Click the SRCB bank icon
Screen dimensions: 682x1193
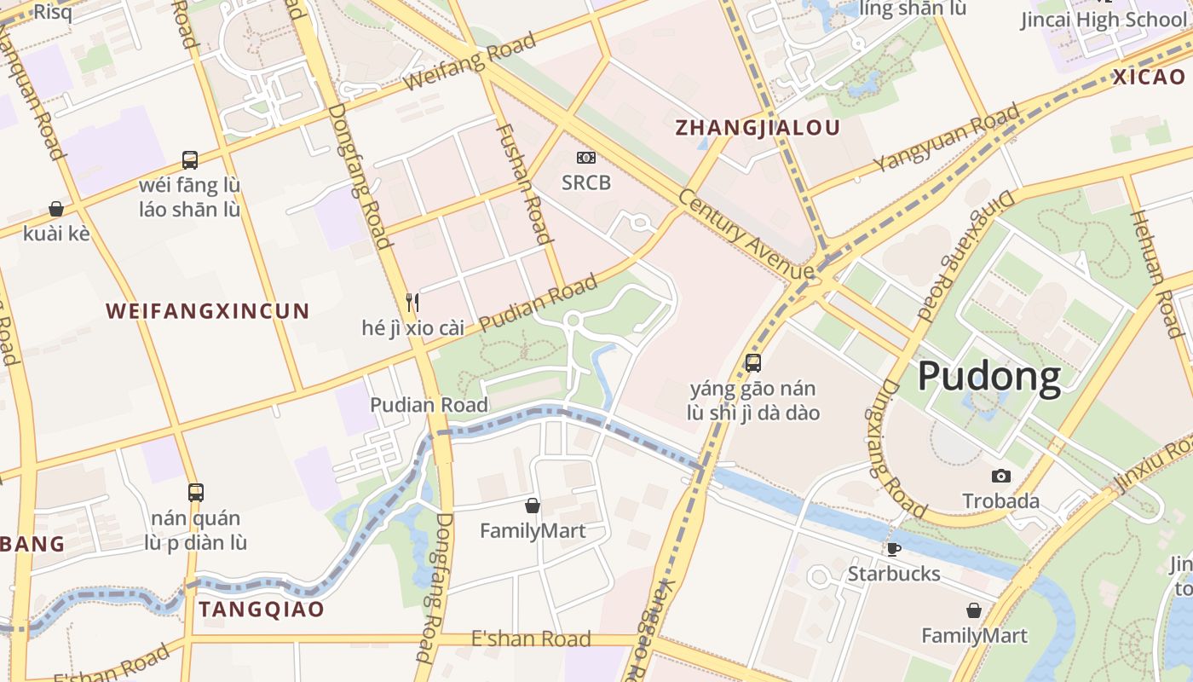coord(586,158)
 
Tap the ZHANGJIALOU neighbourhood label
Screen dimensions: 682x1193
coord(758,128)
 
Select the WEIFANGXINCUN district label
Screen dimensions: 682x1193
coord(207,311)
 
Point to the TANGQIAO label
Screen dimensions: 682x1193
coord(262,609)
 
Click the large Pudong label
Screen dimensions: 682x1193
coord(989,376)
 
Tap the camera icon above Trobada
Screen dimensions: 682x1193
coord(1001,476)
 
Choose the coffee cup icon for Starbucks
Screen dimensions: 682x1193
coord(893,549)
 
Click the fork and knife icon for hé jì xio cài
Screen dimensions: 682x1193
coord(413,302)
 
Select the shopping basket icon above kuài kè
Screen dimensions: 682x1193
coord(56,209)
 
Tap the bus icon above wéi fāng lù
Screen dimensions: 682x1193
coord(190,159)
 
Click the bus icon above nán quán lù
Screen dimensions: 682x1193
coord(196,492)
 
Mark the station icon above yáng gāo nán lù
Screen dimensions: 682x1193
coord(753,363)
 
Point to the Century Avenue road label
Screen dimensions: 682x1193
coord(746,234)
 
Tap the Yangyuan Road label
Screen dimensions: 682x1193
coord(946,138)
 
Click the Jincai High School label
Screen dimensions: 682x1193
coord(1106,20)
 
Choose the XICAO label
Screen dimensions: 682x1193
coord(1149,77)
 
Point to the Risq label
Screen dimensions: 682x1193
coord(52,12)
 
